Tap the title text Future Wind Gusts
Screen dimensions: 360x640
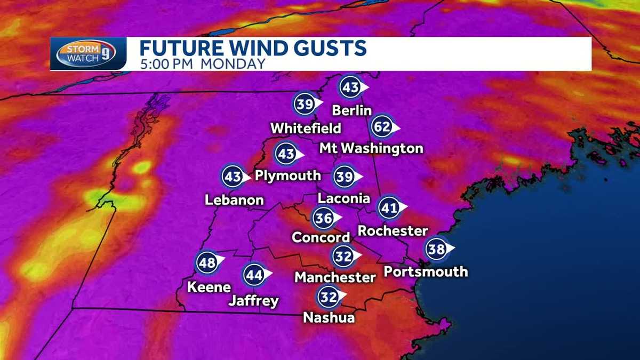click(253, 48)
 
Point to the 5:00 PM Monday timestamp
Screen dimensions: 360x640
click(202, 64)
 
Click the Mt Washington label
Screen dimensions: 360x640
click(372, 148)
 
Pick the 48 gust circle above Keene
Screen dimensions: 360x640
click(207, 262)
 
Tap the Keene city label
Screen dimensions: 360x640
click(209, 287)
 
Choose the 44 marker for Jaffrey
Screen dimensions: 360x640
click(254, 275)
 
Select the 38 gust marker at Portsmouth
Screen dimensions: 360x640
click(437, 249)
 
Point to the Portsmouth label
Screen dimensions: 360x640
click(426, 271)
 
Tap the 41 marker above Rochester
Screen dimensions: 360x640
click(389, 209)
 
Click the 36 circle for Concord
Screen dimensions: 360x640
click(324, 218)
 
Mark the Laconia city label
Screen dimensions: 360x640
click(343, 198)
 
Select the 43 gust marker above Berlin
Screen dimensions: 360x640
click(351, 87)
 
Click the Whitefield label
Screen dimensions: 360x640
click(306, 129)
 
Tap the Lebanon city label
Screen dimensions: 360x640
click(235, 201)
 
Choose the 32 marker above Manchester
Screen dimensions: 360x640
click(343, 257)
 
